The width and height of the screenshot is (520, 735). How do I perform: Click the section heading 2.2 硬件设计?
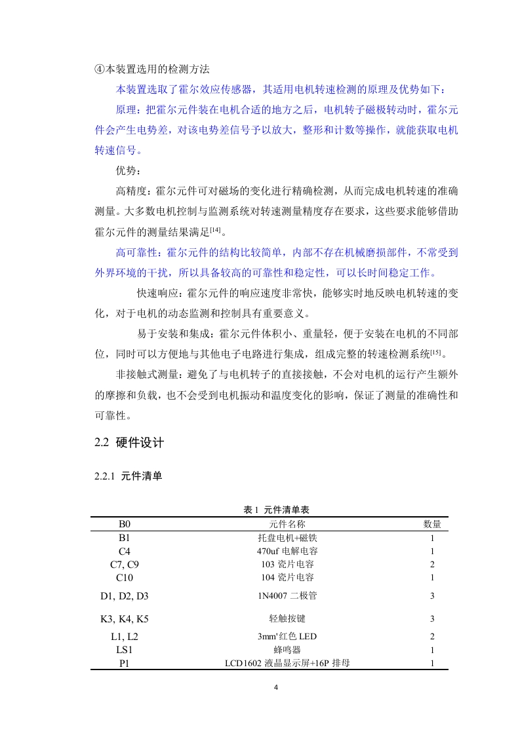click(129, 443)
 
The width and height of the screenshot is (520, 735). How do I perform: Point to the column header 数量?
click(431, 524)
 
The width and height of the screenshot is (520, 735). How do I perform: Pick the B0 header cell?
click(125, 524)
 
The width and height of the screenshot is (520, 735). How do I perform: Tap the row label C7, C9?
click(125, 564)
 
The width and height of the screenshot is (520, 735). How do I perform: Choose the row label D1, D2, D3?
click(125, 596)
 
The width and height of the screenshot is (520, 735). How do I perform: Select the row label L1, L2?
click(125, 637)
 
